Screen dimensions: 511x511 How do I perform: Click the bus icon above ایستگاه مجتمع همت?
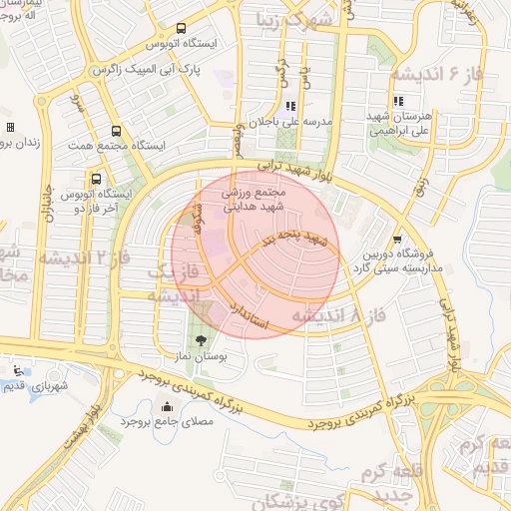(117, 131)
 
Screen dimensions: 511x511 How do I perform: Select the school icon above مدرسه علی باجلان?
(289, 106)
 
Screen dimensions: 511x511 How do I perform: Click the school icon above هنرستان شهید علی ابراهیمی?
(398, 101)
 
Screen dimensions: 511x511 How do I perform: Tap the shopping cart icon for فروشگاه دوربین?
(398, 240)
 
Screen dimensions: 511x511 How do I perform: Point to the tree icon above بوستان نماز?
(203, 340)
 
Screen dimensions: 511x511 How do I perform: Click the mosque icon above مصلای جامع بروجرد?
(166, 406)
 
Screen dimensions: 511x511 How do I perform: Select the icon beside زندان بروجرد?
(10, 128)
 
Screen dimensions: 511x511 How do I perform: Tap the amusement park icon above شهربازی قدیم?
(11, 369)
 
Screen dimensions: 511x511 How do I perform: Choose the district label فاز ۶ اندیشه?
(429, 76)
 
